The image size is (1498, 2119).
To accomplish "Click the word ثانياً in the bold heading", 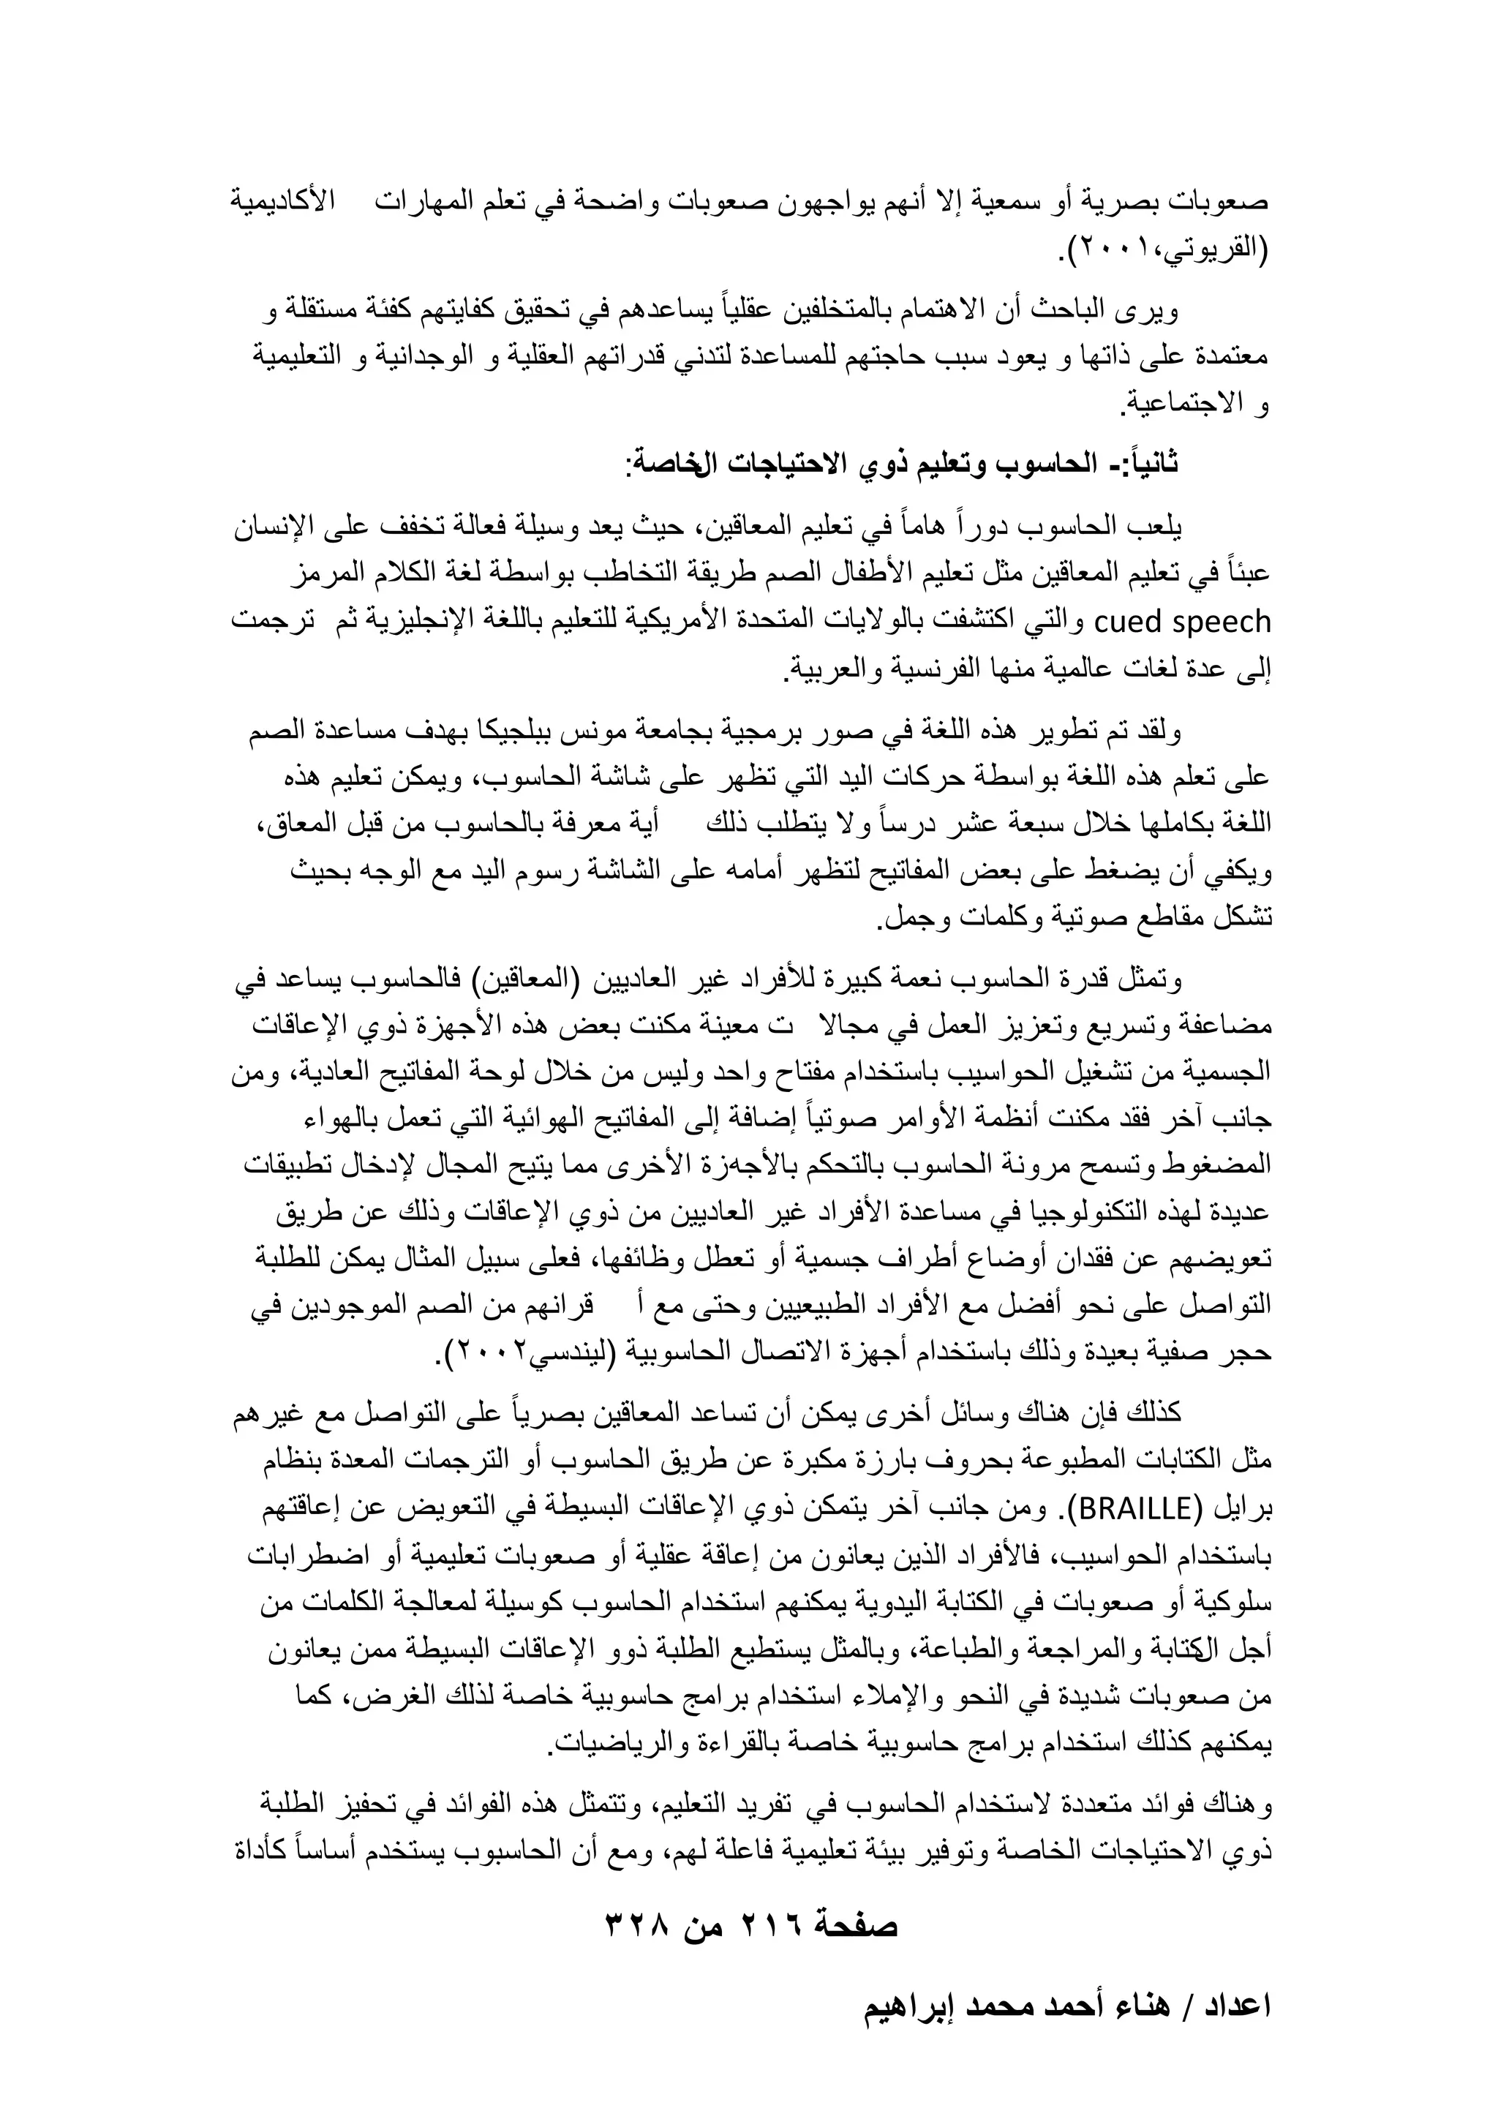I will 1149,462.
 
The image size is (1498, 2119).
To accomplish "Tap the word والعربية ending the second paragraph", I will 827,674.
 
